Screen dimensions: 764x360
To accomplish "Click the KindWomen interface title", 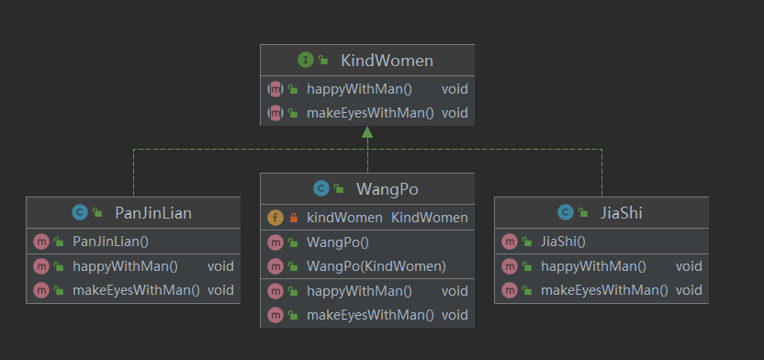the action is (387, 61).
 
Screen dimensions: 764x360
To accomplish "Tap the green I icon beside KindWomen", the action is (306, 60).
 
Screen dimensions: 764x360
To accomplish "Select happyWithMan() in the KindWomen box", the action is (360, 89).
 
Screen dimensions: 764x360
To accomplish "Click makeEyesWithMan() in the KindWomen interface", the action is (370, 113).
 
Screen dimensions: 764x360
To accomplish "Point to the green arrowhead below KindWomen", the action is (367, 132).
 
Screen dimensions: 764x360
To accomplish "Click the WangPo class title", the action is (388, 189).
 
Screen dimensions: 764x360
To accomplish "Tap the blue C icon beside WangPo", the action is (321, 188).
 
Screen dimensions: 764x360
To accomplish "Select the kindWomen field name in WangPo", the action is (344, 218).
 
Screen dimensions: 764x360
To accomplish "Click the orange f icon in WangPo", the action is (275, 218).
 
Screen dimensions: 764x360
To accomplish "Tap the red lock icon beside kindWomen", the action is (293, 218).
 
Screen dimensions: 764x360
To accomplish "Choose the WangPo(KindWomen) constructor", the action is (376, 266).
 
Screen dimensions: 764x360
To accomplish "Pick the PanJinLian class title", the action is (153, 213).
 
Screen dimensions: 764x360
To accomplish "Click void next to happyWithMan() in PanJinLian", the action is (220, 266).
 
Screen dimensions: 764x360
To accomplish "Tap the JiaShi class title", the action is (622, 213).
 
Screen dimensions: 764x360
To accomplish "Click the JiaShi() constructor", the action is (563, 242).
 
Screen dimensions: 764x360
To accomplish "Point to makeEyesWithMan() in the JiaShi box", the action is (604, 290).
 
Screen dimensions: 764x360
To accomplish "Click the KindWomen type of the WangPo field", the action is (430, 218).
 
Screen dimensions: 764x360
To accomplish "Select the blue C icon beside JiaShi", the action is (566, 212).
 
